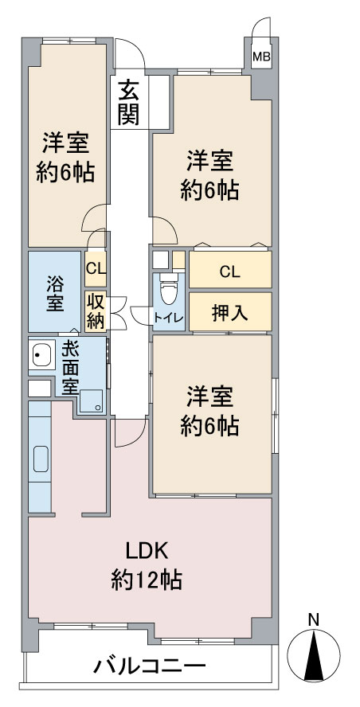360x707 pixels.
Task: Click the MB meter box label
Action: tap(261, 57)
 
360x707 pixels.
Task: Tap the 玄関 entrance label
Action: tap(128, 104)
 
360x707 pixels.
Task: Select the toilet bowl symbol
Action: tap(167, 291)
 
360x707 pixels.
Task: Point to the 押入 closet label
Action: tap(229, 314)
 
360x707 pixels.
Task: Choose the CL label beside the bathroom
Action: tap(96, 270)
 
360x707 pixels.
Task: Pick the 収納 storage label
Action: tap(96, 312)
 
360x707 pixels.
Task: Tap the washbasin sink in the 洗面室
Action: tap(41, 354)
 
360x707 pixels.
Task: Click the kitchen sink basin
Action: tap(40, 459)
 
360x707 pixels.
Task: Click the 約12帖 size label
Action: tap(147, 580)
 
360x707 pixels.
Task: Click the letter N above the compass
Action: tap(314, 619)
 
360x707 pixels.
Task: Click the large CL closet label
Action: tap(229, 271)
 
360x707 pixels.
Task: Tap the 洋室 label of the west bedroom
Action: tap(65, 143)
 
